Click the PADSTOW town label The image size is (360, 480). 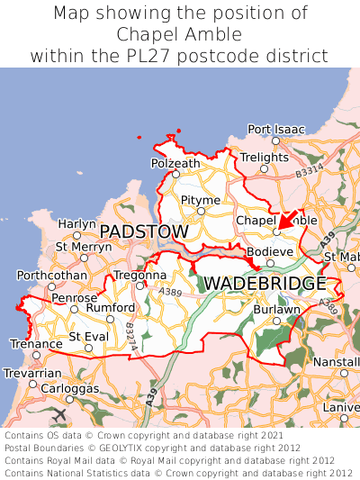pos(144,232)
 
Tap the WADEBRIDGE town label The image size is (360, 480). pos(265,284)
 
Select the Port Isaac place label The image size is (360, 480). pos(276,130)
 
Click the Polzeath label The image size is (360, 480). pos(175,163)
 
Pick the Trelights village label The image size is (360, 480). pos(264,158)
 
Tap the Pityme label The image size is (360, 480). pos(200,199)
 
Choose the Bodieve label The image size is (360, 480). pos(269,250)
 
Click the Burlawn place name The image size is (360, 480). pos(276,309)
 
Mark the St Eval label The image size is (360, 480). pos(87,337)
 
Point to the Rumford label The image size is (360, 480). pos(110,307)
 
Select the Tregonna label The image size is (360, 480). pos(139,275)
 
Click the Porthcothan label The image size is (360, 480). pos(51,275)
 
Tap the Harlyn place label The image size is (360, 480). pos(76,223)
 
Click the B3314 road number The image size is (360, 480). pos(309,168)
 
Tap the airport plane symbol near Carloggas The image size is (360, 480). pos(60,414)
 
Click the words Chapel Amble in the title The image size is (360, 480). pos(179,34)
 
